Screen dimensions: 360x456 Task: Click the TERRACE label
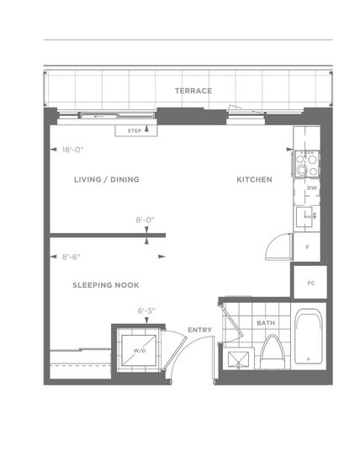193,91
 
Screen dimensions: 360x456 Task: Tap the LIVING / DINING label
107,179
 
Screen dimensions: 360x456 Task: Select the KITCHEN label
255,179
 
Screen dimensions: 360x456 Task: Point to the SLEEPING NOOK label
106,285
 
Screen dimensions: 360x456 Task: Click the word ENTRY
200,330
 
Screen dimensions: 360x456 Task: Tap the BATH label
266,323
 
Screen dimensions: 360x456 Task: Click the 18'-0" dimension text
72,150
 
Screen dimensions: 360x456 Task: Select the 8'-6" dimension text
71,257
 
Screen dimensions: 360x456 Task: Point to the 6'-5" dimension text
146,311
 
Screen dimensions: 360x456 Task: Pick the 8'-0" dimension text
146,220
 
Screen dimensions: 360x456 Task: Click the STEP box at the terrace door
136,130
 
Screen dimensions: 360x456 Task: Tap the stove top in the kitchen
307,164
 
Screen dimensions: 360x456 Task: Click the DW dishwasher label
312,188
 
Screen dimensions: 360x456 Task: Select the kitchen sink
304,217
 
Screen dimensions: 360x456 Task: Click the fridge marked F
307,247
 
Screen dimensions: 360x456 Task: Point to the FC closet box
310,282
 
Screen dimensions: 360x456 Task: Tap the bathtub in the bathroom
308,336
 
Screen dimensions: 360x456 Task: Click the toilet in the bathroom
272,352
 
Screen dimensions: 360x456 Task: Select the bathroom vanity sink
238,359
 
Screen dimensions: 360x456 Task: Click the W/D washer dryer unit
139,351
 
